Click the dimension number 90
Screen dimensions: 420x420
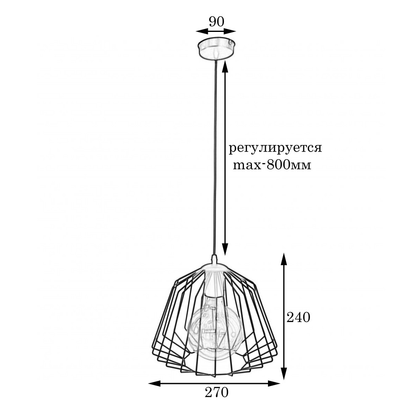(x=216, y=21)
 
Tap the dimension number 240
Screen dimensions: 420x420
(x=298, y=318)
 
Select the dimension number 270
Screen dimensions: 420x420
(x=216, y=393)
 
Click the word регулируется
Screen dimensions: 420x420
(x=275, y=149)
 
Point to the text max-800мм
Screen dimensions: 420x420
(x=272, y=165)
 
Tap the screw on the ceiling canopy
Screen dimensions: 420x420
(x=230, y=42)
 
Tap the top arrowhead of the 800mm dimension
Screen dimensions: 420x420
(x=226, y=64)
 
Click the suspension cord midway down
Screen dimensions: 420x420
(x=215, y=155)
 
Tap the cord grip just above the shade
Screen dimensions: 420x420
(x=214, y=257)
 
